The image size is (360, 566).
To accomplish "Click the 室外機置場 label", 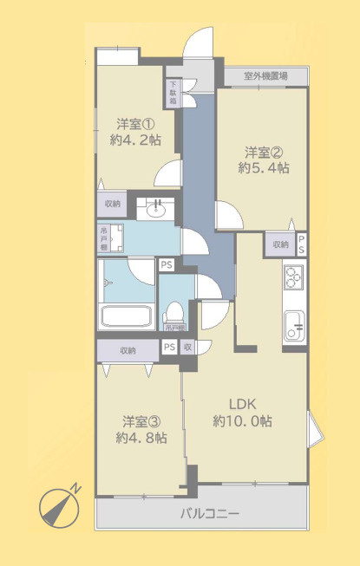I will (x=265, y=76).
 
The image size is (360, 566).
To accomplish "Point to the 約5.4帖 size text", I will (x=264, y=167).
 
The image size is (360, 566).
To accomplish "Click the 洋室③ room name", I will (x=141, y=422).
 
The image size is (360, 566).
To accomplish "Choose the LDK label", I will (x=242, y=404).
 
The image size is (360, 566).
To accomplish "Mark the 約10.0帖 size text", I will (x=242, y=421).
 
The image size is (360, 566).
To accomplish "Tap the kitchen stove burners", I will (x=293, y=279).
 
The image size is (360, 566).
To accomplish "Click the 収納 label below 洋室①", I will (x=113, y=205).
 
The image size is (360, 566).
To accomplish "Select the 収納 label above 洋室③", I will (x=128, y=350).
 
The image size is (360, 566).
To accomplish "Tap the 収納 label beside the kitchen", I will (x=280, y=244).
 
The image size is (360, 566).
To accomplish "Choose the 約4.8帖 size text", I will (x=141, y=439).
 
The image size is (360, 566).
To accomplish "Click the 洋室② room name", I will (x=264, y=150).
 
